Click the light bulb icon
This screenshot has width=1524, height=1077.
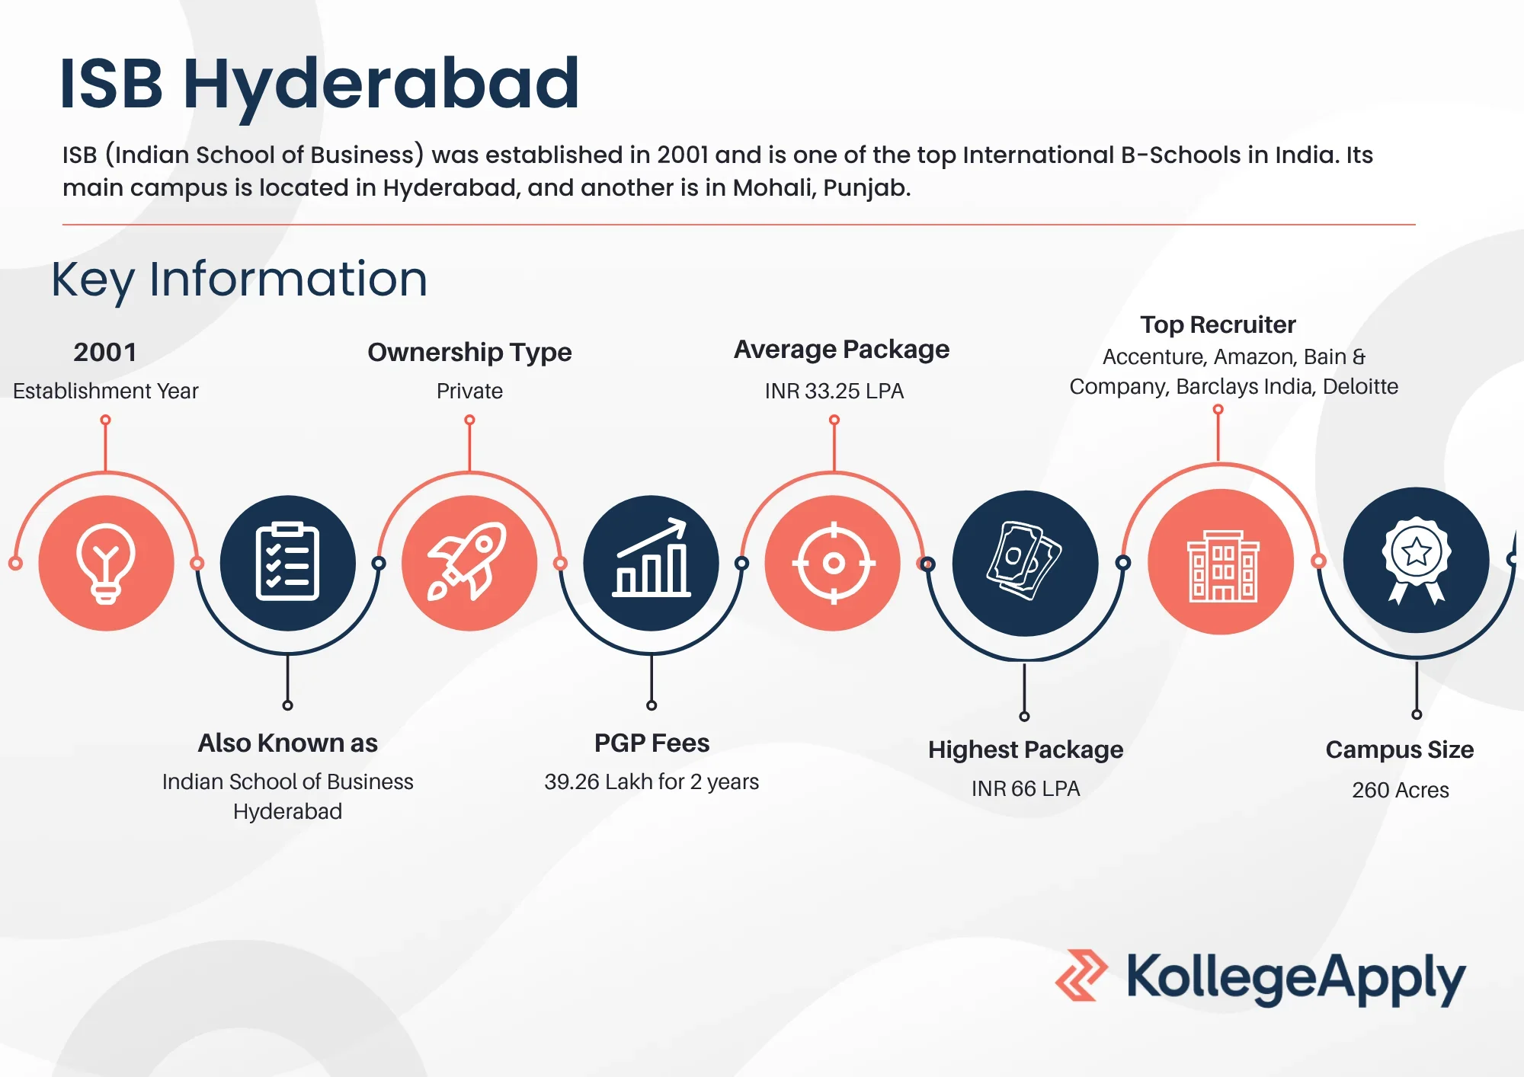106,564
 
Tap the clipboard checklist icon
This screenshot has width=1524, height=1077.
287,562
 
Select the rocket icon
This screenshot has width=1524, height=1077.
467,561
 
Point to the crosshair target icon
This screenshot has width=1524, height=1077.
834,563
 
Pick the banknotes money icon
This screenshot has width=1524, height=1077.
1024,561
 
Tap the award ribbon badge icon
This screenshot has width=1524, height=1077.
1417,561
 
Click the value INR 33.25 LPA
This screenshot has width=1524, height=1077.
834,391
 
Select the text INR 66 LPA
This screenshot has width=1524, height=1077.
1026,788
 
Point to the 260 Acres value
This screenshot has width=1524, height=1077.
1401,790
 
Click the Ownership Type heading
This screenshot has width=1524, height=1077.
469,353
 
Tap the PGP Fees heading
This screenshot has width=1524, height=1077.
652,743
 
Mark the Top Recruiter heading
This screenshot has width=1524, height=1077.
1218,324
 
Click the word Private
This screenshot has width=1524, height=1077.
469,391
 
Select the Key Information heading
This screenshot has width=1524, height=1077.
239,280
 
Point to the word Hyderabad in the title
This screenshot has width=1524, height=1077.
381,85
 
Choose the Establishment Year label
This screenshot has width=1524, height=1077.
105,391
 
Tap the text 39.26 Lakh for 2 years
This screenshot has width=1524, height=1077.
652,782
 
